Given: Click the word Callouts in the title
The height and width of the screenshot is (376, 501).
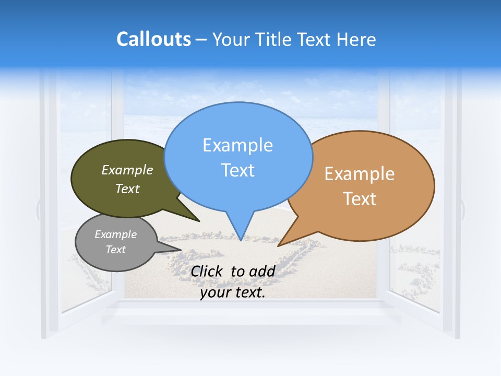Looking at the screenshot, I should [x=153, y=39].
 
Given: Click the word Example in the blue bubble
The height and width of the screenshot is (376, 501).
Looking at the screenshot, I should [x=237, y=145].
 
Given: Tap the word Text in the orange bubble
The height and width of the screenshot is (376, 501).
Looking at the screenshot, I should [x=359, y=199].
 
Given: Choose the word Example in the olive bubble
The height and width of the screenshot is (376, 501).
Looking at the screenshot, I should [x=127, y=170].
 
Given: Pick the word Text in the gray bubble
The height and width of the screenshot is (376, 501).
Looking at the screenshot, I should [x=115, y=250].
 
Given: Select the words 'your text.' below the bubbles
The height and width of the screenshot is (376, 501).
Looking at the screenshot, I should [x=233, y=293].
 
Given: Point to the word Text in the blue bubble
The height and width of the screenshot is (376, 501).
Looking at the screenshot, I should [x=238, y=170].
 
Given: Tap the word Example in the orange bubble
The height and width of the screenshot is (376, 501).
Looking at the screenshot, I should [x=359, y=174].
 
